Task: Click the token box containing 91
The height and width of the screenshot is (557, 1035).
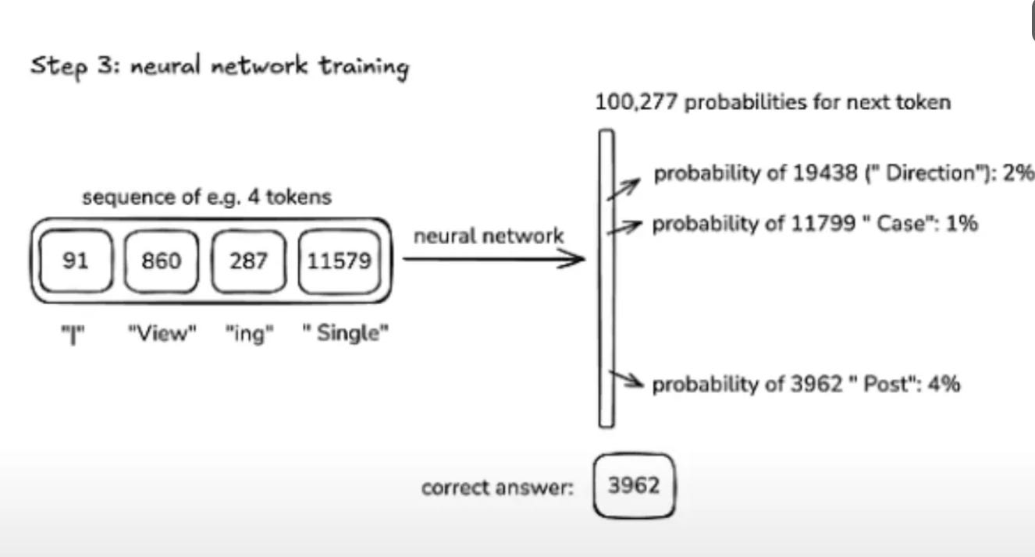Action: [76, 261]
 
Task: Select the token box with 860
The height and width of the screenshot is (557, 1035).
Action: [161, 261]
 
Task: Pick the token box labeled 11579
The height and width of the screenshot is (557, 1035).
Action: [340, 261]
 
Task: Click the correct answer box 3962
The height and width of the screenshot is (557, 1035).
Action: [633, 486]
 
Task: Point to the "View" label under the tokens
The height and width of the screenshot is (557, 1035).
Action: [162, 335]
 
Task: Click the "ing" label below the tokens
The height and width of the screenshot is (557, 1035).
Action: [249, 335]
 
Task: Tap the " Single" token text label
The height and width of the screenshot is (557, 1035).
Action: [345, 335]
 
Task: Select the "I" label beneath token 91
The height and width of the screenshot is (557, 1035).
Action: [73, 335]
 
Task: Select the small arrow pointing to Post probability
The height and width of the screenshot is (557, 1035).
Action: [627, 381]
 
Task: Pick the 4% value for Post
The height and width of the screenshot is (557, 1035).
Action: [944, 384]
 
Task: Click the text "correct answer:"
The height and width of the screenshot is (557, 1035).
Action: [497, 488]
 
